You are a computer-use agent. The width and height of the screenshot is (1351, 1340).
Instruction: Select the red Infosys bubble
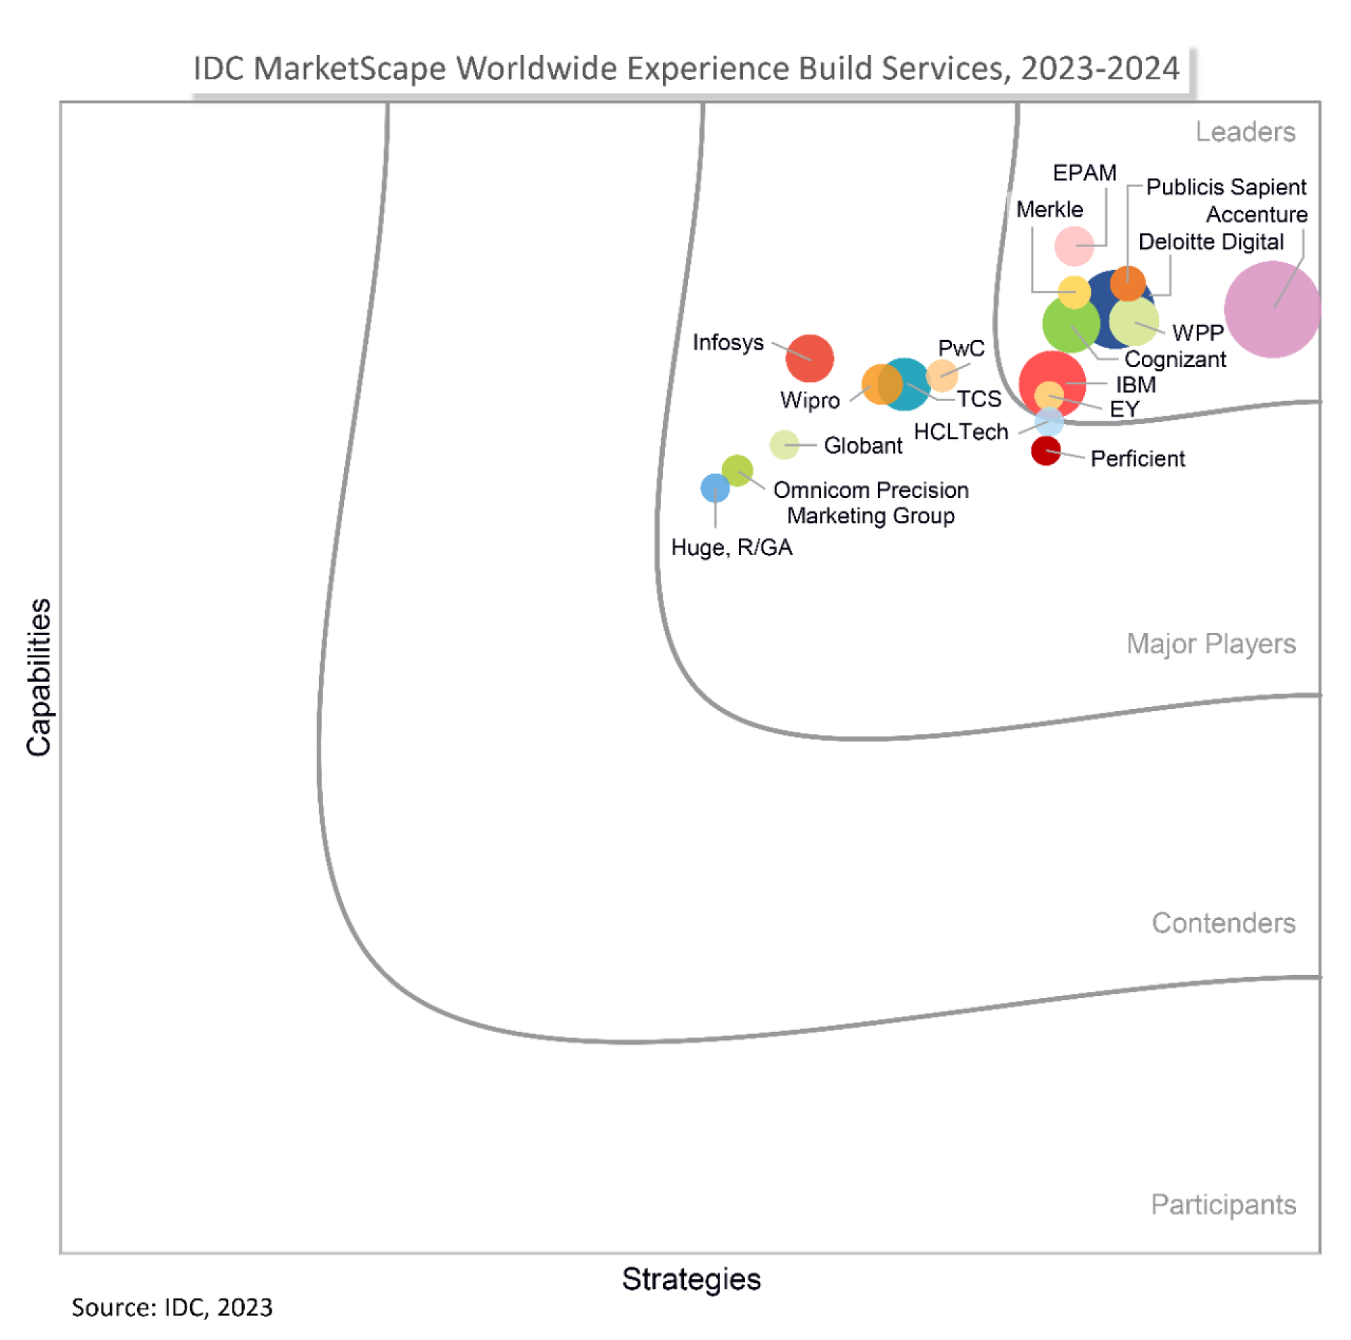(809, 358)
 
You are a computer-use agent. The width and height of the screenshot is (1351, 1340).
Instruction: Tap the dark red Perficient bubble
(1045, 451)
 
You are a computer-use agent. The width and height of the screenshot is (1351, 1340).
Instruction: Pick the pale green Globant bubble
(783, 445)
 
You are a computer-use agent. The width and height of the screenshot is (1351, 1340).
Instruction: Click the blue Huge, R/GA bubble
(715, 487)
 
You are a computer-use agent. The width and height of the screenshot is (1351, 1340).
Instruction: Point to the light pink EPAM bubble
(1073, 245)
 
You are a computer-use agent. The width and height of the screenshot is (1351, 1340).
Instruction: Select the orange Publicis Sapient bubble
(1127, 283)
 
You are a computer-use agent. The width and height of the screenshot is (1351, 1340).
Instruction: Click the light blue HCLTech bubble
(1048, 422)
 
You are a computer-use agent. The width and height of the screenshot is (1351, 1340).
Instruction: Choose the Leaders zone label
(1245, 132)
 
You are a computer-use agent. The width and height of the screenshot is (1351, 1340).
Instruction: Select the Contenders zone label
(1223, 922)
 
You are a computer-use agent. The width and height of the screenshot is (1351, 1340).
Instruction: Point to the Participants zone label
(1223, 1204)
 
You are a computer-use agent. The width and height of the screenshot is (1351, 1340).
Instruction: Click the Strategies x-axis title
(691, 1278)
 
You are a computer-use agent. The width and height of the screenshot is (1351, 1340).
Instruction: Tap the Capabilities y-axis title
(39, 677)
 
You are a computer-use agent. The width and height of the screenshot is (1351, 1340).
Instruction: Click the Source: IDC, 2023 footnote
(172, 1306)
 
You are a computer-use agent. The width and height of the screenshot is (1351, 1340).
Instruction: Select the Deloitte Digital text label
(1210, 241)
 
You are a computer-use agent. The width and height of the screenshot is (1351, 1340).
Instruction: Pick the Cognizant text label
(1174, 359)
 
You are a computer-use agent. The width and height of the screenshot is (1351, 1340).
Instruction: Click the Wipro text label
(809, 400)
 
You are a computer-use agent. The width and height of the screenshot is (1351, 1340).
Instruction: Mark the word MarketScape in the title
(350, 68)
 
